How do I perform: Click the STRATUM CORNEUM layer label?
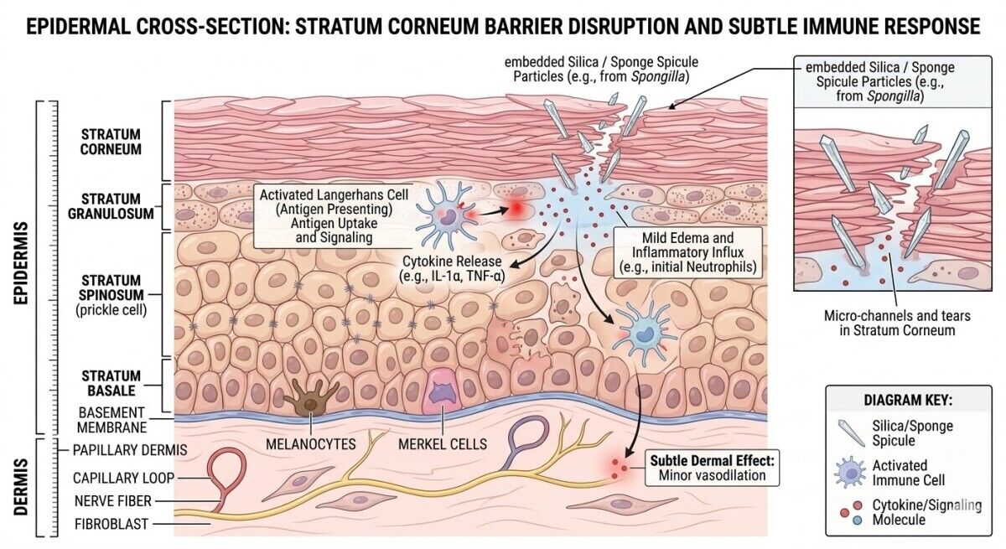(111, 142)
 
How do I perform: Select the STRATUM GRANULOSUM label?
(111, 206)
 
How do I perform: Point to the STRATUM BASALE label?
(111, 383)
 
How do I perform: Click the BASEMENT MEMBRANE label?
(111, 420)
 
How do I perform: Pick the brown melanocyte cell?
(311, 398)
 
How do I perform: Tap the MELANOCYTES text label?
(311, 444)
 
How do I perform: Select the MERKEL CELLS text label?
(443, 444)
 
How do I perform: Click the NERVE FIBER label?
(113, 500)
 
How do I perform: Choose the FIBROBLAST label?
(111, 524)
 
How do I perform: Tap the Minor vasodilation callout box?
(712, 468)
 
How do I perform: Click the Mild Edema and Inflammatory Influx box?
(687, 252)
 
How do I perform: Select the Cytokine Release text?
(452, 268)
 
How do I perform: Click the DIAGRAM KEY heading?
(908, 400)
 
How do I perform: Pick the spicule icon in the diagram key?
(851, 432)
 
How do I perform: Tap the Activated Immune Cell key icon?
(850, 472)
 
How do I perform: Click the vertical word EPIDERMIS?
(21, 263)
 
